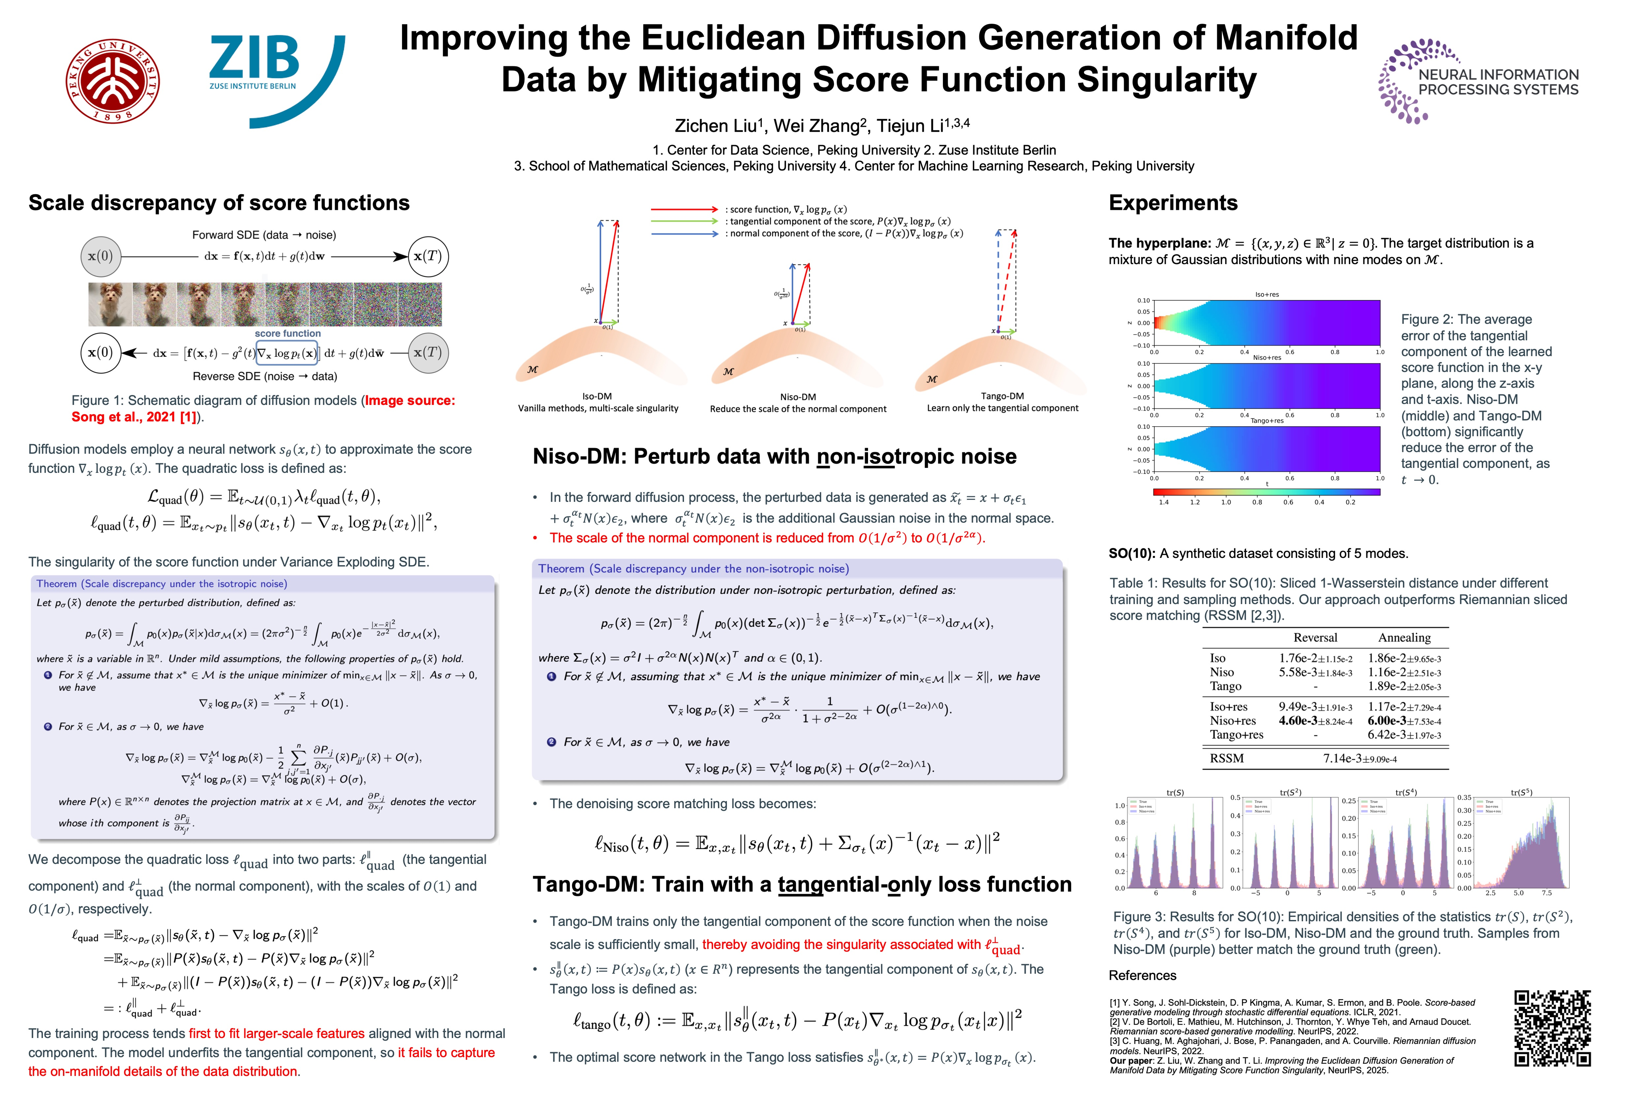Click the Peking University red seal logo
(x=112, y=81)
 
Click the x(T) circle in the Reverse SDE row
(x=428, y=353)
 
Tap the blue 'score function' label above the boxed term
(x=287, y=334)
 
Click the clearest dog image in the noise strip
(x=110, y=304)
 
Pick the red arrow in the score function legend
(x=684, y=209)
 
